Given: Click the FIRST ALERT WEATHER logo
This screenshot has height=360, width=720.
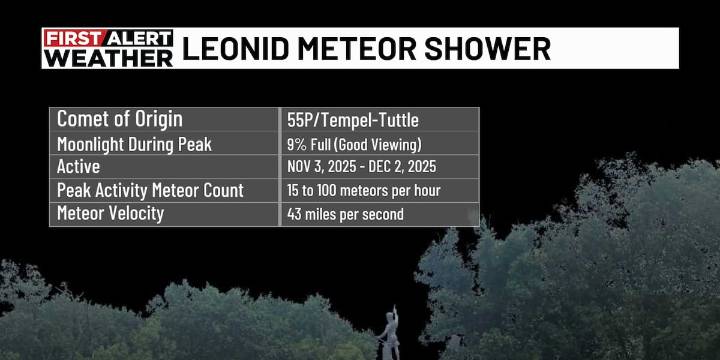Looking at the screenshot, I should [x=108, y=48].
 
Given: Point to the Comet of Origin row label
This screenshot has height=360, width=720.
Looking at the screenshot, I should [x=119, y=119].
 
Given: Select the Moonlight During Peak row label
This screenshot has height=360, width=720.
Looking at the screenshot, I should [x=134, y=144].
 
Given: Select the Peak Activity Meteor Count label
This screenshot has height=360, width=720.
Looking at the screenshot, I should [x=151, y=190].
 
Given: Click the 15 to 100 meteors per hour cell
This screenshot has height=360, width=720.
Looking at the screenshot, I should [x=363, y=191].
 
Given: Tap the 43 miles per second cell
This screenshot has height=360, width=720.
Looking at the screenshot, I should [x=345, y=215].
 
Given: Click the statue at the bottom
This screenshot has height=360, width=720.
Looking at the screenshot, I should [x=387, y=335].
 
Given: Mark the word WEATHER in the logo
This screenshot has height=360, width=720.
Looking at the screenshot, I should [x=108, y=58].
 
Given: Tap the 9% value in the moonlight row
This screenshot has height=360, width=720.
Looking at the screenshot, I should [x=296, y=145].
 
